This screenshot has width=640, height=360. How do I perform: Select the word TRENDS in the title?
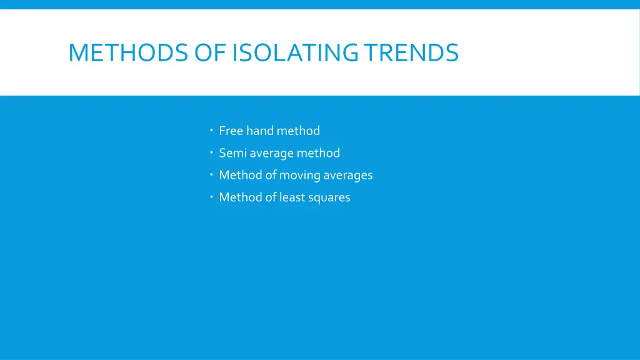[x=411, y=52]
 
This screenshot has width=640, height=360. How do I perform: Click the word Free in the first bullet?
[x=231, y=131]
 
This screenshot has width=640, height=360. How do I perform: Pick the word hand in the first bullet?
[x=260, y=131]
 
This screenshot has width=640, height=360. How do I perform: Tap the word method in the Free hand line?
[x=298, y=131]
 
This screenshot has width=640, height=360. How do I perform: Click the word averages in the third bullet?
[x=347, y=175]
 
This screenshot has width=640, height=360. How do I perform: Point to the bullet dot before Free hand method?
[x=212, y=130]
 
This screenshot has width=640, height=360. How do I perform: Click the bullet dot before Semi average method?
[x=212, y=152]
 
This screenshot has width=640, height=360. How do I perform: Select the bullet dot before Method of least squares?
[x=212, y=196]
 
